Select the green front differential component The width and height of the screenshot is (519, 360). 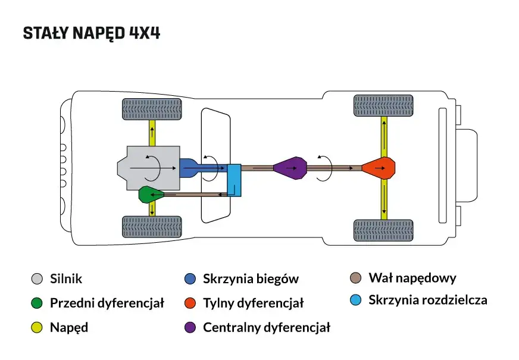[x=148, y=194]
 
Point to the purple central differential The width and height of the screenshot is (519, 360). [x=290, y=168]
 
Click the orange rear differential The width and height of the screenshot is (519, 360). [x=379, y=168]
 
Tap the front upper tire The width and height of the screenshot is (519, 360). [x=152, y=108]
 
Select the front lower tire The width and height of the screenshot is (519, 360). [x=152, y=227]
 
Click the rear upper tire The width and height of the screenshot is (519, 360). [x=383, y=106]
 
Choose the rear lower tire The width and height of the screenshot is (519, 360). [x=383, y=231]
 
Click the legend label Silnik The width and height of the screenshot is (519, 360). [x=66, y=278]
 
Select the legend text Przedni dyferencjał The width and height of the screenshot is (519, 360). [x=107, y=303]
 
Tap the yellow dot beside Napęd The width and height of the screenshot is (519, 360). [x=37, y=327]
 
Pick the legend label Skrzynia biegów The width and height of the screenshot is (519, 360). [x=251, y=278]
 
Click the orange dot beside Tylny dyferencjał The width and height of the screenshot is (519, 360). [x=190, y=303]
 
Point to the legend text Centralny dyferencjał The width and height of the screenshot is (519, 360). [x=266, y=327]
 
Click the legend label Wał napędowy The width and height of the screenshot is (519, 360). [x=412, y=278]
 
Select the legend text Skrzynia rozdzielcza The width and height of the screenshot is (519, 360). [x=427, y=300]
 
